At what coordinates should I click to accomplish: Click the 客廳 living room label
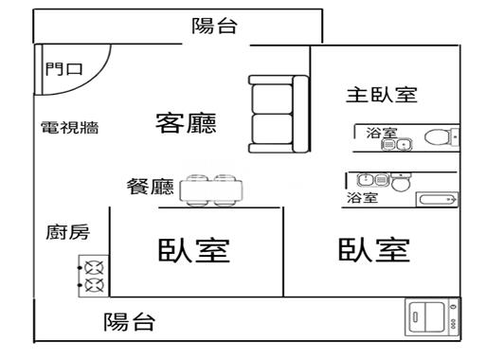pyautogui.click(x=186, y=123)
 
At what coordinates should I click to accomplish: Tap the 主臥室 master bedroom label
pyautogui.click(x=381, y=96)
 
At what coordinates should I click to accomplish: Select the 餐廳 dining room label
pyautogui.click(x=150, y=187)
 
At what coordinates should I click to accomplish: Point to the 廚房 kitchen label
pyautogui.click(x=68, y=232)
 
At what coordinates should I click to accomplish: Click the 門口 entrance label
pyautogui.click(x=64, y=69)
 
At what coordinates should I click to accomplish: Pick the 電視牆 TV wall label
pyautogui.click(x=70, y=128)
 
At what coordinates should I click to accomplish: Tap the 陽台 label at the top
pyautogui.click(x=214, y=27)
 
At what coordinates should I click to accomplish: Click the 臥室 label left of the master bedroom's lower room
pyautogui.click(x=194, y=251)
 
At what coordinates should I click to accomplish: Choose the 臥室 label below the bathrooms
pyautogui.click(x=373, y=250)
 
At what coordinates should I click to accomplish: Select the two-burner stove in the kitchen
pyautogui.click(x=94, y=276)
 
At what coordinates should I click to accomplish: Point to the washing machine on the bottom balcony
pyautogui.click(x=435, y=317)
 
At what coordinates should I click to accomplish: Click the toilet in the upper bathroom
pyautogui.click(x=438, y=137)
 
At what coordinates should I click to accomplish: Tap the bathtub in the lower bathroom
pyautogui.click(x=437, y=199)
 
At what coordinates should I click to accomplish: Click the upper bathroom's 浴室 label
pyautogui.click(x=382, y=134)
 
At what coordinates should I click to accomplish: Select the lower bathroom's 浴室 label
pyautogui.click(x=361, y=198)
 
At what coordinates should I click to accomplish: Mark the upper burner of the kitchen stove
pyautogui.click(x=94, y=267)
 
